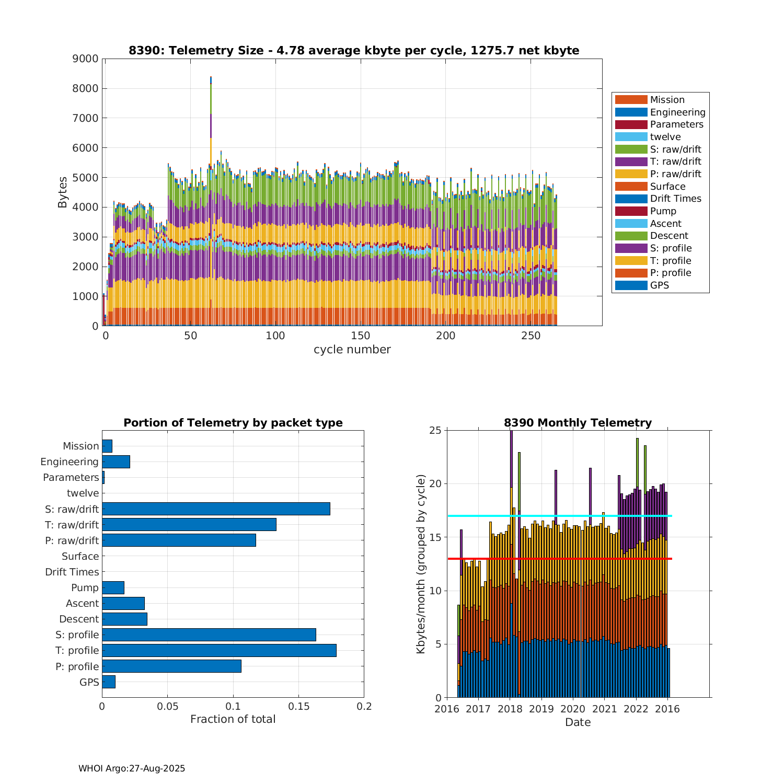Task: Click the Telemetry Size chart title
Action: [354, 51]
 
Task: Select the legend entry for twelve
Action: [665, 137]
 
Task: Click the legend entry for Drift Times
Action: [675, 199]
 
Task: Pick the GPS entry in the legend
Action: [660, 285]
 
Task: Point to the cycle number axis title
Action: [352, 350]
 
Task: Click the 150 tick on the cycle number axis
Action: [361, 336]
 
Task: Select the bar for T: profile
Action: [219, 650]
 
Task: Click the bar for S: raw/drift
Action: [216, 509]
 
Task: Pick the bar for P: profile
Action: [171, 666]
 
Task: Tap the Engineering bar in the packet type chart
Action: [116, 462]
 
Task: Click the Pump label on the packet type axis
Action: [85, 587]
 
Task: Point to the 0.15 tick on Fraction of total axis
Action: [298, 707]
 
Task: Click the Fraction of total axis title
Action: [233, 719]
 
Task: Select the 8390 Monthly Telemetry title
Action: [578, 423]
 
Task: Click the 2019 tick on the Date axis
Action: [541, 709]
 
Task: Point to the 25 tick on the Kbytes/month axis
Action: [436, 430]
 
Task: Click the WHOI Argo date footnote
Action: [132, 768]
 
